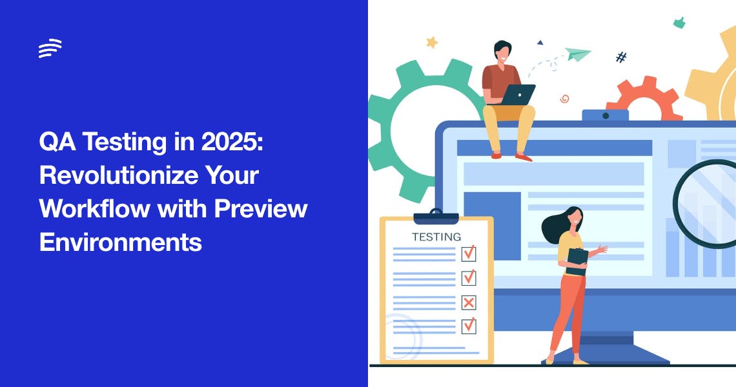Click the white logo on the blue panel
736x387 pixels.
click(x=50, y=48)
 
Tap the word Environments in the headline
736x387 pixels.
click(x=121, y=243)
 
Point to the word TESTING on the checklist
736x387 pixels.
click(x=436, y=237)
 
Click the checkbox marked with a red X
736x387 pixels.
click(x=469, y=302)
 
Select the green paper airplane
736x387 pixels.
click(x=577, y=54)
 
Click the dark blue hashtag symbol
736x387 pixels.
click(x=621, y=57)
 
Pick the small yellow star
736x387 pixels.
click(x=432, y=43)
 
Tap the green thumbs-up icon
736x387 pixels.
click(x=679, y=23)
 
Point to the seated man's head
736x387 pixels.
click(x=502, y=51)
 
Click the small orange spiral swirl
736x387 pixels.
click(x=564, y=99)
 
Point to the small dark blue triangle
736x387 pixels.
click(x=540, y=43)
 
